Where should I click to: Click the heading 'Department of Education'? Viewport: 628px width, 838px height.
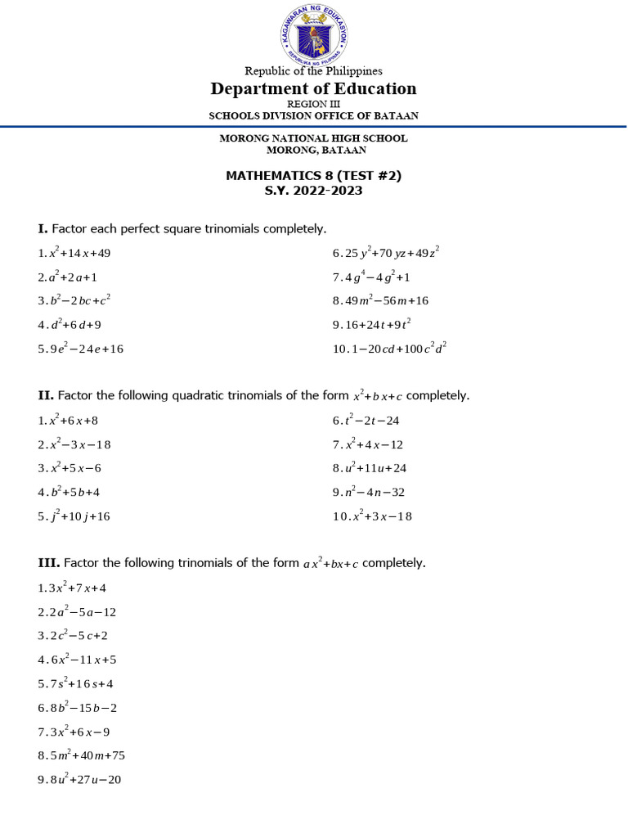tap(313, 88)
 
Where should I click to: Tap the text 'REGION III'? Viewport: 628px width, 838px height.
tap(313, 104)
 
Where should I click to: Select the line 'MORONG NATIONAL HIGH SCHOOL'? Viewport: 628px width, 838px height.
tap(313, 138)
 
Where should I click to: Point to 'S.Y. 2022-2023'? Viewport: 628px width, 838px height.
tap(313, 191)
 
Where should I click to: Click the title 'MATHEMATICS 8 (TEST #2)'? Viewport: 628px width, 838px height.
tap(313, 176)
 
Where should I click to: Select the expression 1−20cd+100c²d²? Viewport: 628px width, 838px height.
tap(396, 348)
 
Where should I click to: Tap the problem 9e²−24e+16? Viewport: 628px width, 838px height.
tap(86, 349)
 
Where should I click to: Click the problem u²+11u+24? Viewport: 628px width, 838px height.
tap(377, 468)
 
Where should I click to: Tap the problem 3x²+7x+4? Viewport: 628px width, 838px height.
tap(78, 588)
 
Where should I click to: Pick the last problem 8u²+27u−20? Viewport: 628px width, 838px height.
tap(85, 780)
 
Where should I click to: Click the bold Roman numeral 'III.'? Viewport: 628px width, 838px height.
tap(48, 563)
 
